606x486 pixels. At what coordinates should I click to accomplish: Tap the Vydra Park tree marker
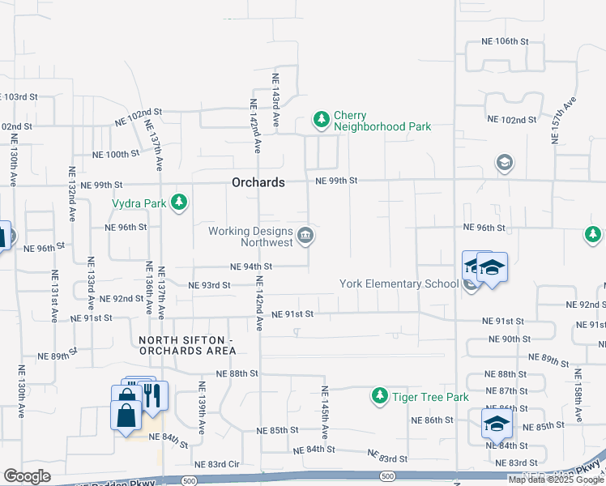tap(179, 202)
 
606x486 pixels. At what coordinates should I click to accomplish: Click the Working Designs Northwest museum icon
tap(305, 237)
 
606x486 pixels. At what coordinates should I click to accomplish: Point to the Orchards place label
tap(258, 182)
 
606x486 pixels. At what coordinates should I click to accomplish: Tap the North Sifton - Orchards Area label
tap(187, 345)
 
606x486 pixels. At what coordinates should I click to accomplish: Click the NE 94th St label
tap(251, 266)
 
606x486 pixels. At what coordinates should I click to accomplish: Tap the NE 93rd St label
tap(209, 285)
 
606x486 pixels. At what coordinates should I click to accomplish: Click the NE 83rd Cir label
tap(217, 463)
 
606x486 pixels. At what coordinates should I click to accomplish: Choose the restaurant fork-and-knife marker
tap(151, 394)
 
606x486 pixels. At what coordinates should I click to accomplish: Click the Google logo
tap(27, 476)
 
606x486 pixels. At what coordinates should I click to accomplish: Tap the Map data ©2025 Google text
tap(555, 480)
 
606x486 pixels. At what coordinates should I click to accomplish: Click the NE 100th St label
tap(116, 154)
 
